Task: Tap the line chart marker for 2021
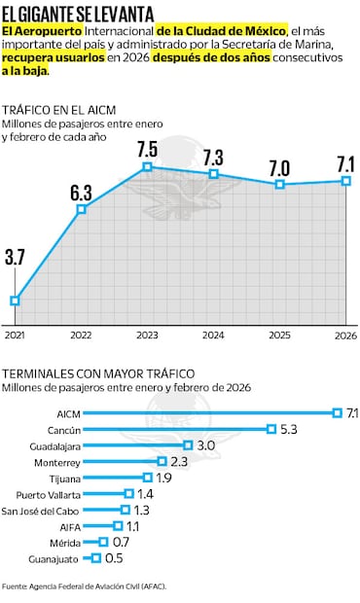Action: pos(15,301)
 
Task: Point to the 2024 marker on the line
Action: pos(214,174)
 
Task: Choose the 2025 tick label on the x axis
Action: pos(280,336)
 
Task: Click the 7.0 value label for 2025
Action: pos(280,166)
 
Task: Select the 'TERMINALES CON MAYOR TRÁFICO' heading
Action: pos(98,373)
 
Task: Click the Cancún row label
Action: pos(63,430)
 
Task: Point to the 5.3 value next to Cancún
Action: pos(288,429)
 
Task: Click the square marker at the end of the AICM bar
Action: pos(337,413)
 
